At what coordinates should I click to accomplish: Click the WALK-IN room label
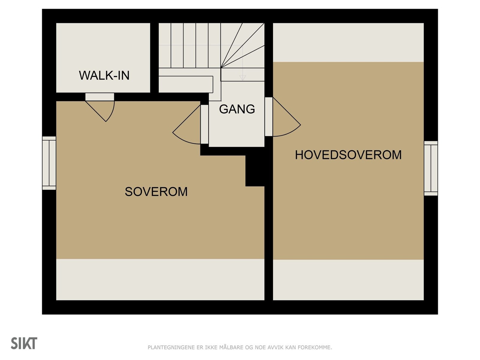[104, 75]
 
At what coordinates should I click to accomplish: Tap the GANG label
[237, 109]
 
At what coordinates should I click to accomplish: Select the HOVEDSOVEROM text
[348, 155]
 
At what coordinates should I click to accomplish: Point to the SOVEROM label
[156, 192]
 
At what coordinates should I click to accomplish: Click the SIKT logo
[24, 343]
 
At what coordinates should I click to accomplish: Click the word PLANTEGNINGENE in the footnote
[171, 347]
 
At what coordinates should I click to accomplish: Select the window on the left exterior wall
[49, 163]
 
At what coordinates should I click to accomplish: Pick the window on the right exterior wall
[431, 168]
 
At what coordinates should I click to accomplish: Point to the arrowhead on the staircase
[242, 78]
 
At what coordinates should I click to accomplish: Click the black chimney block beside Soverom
[255, 171]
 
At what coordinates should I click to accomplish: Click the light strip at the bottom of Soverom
[160, 279]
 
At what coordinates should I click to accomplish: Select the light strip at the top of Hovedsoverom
[348, 42]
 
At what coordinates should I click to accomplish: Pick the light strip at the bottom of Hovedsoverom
[348, 280]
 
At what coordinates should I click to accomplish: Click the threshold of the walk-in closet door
[100, 97]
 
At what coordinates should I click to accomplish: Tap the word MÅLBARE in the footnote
[231, 347]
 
